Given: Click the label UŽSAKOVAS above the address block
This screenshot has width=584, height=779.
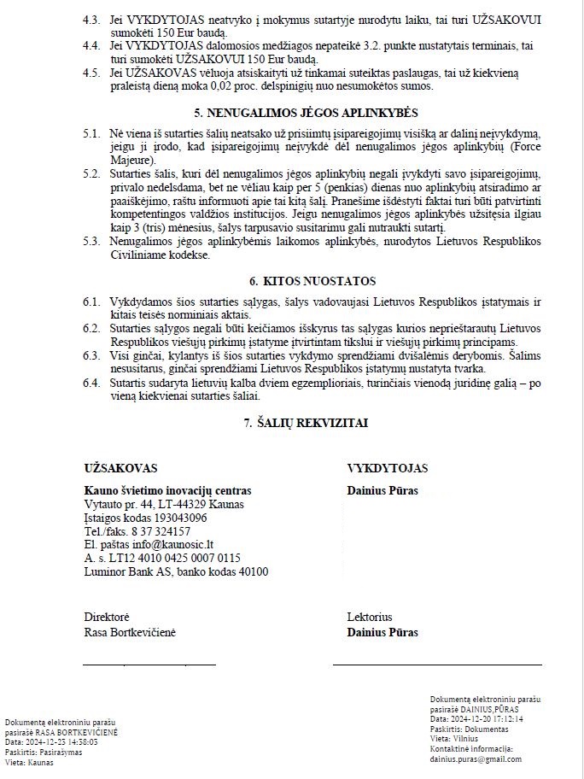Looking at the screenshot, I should point(120,468).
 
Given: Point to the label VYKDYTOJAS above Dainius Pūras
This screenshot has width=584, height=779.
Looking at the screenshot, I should point(388,468).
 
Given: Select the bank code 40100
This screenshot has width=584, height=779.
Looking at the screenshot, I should point(250,572).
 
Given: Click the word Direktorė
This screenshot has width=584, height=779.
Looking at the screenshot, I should point(107,617).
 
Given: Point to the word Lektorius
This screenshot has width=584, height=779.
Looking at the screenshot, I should point(370,617).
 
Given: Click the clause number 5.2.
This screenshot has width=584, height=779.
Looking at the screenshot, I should point(91,174).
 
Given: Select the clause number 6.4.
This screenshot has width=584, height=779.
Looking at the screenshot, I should point(91,384).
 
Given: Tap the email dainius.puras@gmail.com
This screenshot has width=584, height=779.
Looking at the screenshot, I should point(476,758).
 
